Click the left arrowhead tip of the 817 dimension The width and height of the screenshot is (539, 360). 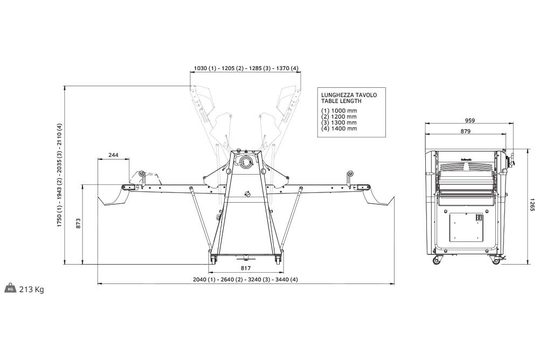point(209,272)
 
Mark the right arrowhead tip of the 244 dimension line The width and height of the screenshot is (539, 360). point(129,159)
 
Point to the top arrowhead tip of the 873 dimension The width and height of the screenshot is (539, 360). point(82,185)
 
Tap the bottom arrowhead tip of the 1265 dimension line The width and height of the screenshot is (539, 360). point(528,265)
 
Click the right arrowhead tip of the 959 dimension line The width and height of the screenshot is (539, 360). point(513,123)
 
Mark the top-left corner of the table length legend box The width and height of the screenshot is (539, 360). point(317,88)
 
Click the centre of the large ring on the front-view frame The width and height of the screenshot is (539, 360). point(246,161)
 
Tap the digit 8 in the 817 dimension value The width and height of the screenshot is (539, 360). point(243,268)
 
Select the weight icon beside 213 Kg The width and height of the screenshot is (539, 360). point(10,288)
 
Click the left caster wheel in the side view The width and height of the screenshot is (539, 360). point(437,260)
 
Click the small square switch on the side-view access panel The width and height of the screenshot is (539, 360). point(478,218)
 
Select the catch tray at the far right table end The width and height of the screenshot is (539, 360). point(379,198)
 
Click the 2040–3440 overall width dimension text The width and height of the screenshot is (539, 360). point(245,279)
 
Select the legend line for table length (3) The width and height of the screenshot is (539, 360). point(339,122)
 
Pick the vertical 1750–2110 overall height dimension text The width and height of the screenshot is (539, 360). point(59,175)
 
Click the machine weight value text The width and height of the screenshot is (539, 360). point(32,289)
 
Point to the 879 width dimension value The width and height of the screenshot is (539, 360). point(465,131)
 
